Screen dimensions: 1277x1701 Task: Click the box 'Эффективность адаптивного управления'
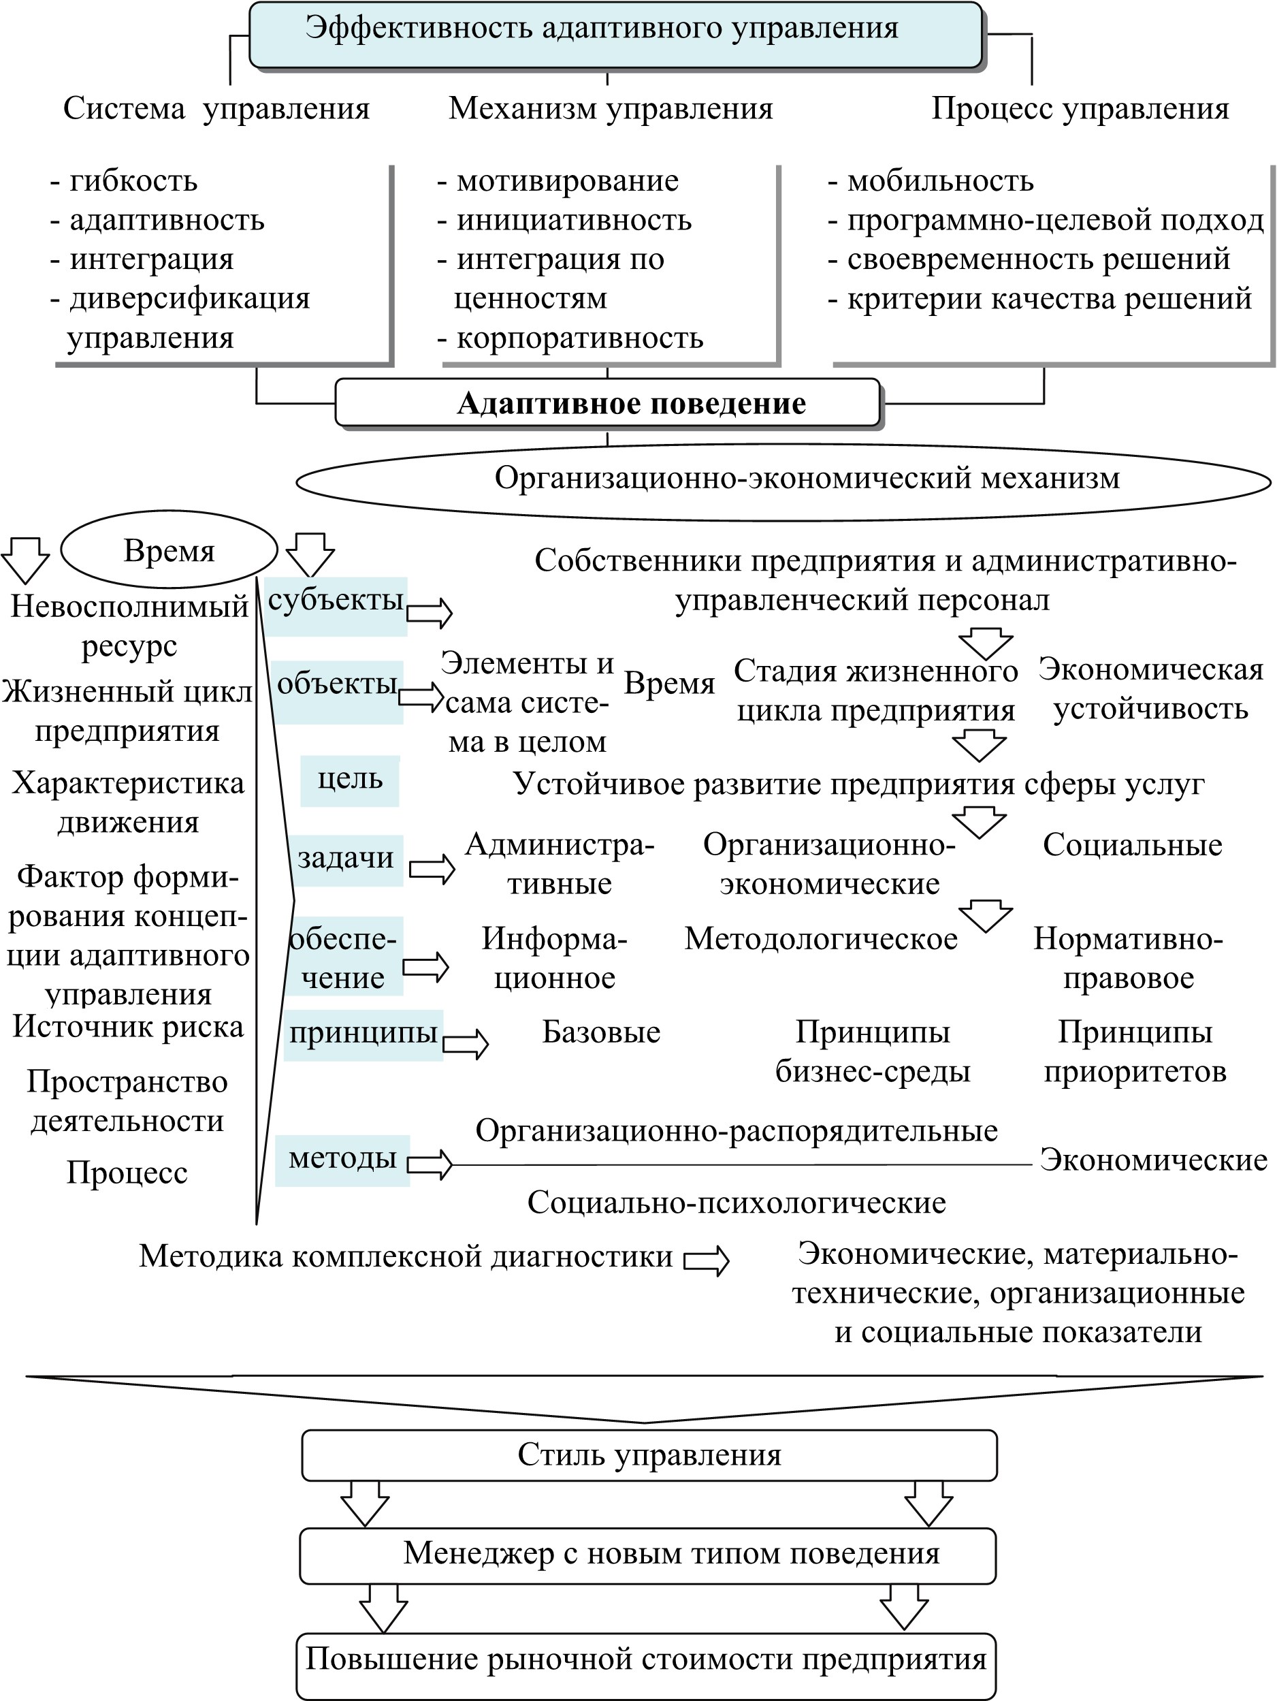616,35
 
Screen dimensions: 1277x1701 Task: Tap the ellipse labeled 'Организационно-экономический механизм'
783,481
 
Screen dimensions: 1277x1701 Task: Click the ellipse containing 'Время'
169,550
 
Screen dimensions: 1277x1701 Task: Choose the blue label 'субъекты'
336,607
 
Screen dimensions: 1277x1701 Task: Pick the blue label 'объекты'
338,691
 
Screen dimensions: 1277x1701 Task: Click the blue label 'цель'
350,781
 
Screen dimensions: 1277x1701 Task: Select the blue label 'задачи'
346,861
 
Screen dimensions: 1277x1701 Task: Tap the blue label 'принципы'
363,1036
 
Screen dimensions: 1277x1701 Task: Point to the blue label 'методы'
343,1160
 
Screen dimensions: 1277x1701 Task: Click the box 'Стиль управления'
649,1455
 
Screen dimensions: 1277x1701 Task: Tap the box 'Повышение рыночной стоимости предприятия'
647,1666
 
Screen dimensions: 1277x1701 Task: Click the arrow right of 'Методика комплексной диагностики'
707,1261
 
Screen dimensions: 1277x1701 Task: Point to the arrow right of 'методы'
430,1164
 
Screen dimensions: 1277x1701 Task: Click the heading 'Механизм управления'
611,108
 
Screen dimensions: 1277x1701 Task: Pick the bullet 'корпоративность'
570,338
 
